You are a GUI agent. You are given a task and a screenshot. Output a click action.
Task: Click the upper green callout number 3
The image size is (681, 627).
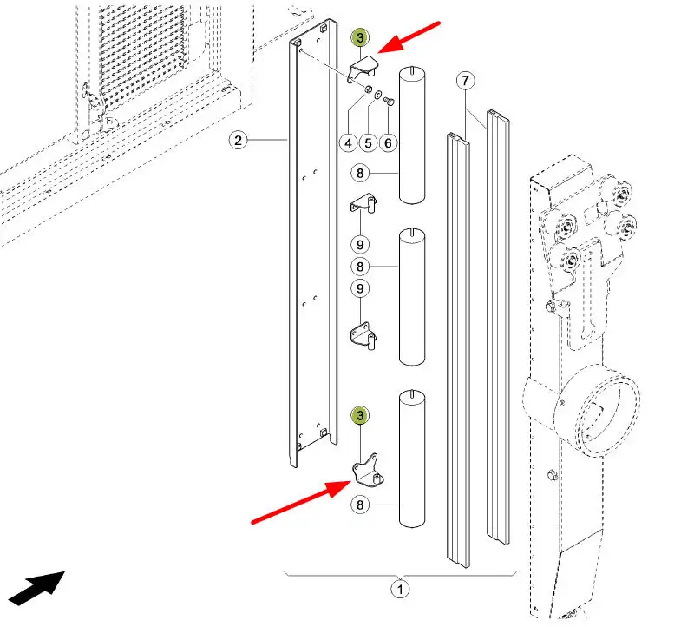click(360, 38)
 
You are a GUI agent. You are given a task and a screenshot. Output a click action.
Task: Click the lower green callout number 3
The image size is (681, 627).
click(360, 416)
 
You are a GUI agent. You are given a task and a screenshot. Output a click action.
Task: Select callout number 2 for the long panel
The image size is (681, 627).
click(238, 141)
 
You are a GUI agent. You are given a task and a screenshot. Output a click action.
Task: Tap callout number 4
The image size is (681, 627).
click(349, 143)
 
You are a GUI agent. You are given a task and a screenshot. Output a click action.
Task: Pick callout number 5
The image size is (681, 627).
click(369, 143)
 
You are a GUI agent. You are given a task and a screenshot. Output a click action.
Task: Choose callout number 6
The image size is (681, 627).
click(389, 143)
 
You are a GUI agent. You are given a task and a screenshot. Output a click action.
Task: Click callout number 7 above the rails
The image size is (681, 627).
click(466, 81)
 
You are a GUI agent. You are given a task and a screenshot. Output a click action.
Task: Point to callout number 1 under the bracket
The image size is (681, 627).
click(400, 590)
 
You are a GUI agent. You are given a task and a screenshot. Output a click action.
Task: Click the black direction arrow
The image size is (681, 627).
click(37, 588)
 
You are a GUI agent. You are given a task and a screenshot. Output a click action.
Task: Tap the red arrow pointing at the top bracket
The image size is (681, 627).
click(409, 37)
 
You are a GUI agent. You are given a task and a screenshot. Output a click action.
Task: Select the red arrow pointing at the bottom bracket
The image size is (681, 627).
click(302, 502)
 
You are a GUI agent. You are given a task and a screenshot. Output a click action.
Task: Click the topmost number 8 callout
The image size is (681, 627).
click(360, 174)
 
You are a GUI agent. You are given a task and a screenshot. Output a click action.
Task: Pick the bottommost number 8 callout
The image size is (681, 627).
click(360, 505)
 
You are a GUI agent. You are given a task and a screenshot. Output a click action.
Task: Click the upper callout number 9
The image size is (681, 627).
click(360, 245)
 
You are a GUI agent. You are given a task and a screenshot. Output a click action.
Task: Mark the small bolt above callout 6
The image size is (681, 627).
click(390, 101)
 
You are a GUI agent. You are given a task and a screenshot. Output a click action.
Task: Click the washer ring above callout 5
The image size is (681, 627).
click(378, 94)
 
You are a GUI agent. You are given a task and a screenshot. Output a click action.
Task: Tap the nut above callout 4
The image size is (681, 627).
click(368, 89)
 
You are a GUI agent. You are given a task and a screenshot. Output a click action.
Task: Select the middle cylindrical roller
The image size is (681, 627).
click(412, 297)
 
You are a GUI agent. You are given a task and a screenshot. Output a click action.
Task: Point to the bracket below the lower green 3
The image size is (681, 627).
click(368, 472)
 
